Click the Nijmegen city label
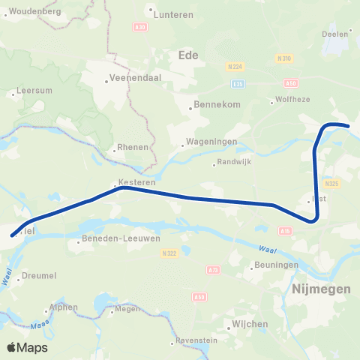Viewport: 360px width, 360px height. click(321, 289)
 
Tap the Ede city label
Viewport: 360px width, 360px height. click(188, 54)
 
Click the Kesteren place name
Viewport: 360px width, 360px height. click(132, 182)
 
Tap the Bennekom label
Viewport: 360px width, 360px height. click(217, 104)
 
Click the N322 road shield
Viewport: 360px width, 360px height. click(169, 253)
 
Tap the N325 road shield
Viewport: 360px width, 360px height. click(333, 182)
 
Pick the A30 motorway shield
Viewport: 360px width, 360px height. click(139, 27)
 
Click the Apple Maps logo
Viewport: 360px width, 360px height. click(27, 347)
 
